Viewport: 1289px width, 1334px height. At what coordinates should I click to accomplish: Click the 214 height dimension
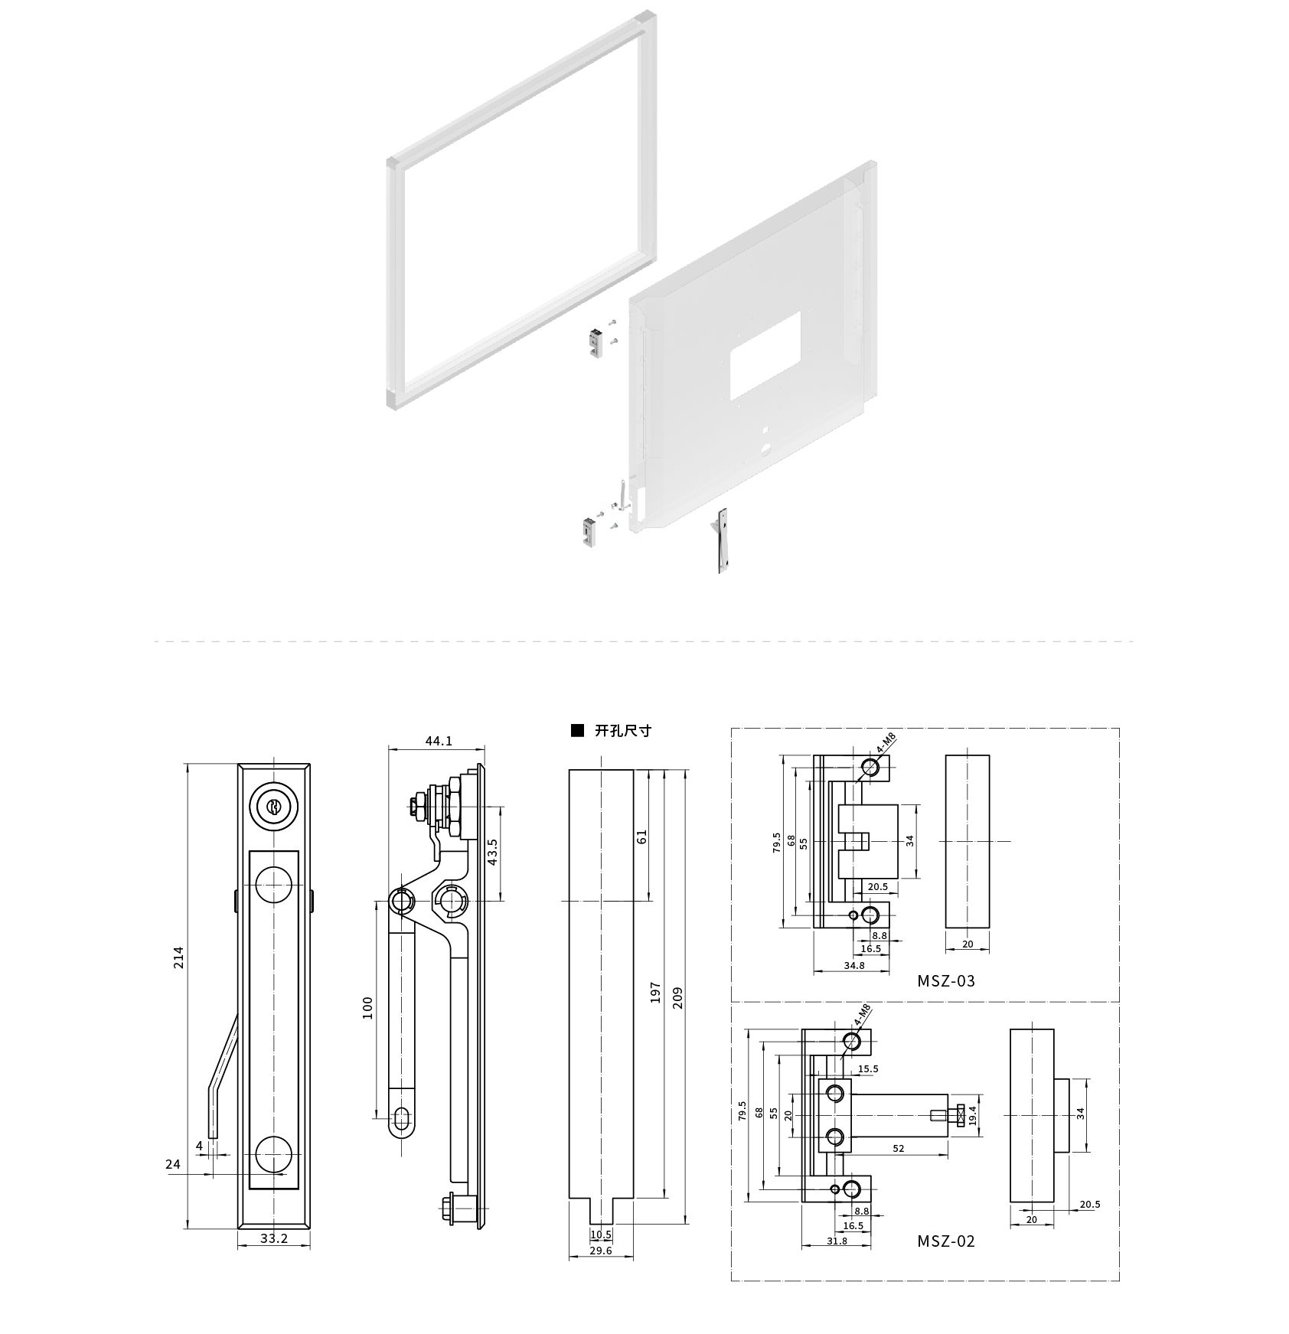pyautogui.click(x=179, y=957)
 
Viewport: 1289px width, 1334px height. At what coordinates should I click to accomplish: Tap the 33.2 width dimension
pyautogui.click(x=273, y=1259)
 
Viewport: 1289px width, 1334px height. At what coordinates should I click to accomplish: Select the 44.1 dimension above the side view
pyautogui.click(x=439, y=741)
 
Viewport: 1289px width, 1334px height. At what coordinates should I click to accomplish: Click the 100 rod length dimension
pyautogui.click(x=367, y=1007)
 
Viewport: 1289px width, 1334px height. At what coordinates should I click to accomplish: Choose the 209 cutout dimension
pyautogui.click(x=677, y=998)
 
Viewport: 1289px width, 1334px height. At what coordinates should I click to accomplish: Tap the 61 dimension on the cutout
pyautogui.click(x=643, y=836)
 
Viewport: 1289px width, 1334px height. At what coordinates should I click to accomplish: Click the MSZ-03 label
pyautogui.click(x=947, y=980)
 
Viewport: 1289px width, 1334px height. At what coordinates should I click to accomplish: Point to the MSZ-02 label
pyautogui.click(x=947, y=1241)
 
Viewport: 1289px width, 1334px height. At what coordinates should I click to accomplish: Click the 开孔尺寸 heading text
pyautogui.click(x=623, y=730)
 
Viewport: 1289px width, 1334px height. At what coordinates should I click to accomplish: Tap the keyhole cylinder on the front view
pyautogui.click(x=273, y=806)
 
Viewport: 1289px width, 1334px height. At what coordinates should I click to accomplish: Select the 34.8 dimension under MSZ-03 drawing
pyautogui.click(x=854, y=965)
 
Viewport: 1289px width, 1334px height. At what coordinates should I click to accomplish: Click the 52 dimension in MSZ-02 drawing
pyautogui.click(x=899, y=1148)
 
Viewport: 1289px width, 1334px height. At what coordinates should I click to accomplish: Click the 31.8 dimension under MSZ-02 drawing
pyautogui.click(x=837, y=1241)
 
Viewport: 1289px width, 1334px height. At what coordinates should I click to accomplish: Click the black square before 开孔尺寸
pyautogui.click(x=577, y=730)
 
